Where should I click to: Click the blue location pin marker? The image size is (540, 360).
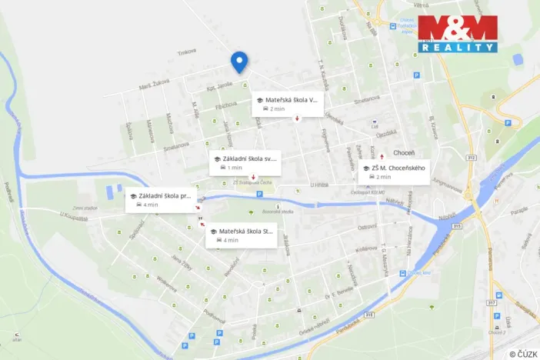click(239, 61)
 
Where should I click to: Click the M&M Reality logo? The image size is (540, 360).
click(458, 34)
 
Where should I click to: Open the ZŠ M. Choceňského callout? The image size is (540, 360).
click(392, 172)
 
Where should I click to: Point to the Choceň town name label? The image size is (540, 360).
click(405, 152)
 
